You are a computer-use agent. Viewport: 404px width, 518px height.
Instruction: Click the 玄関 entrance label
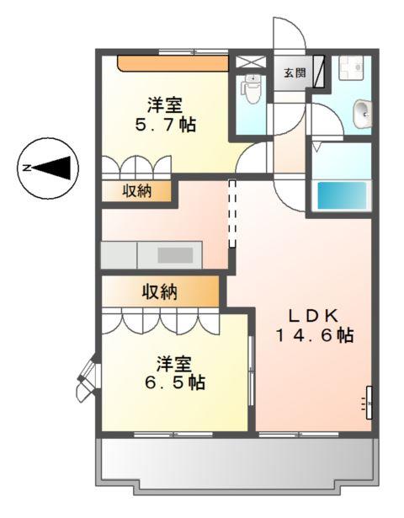294,72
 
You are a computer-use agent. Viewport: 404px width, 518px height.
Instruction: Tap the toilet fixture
251,88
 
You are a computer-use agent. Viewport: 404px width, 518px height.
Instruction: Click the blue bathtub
342,195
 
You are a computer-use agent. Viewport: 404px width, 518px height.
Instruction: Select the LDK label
313,316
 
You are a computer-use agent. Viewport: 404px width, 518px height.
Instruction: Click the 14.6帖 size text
313,335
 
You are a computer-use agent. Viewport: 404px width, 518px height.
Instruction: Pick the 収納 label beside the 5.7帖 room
137,191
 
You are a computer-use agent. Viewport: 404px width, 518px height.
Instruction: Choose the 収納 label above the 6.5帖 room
159,292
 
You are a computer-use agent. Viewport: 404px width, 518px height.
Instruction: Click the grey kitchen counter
151,254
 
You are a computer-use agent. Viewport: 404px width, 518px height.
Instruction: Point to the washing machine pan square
350,69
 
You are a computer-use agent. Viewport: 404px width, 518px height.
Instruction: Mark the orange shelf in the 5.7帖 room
172,63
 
